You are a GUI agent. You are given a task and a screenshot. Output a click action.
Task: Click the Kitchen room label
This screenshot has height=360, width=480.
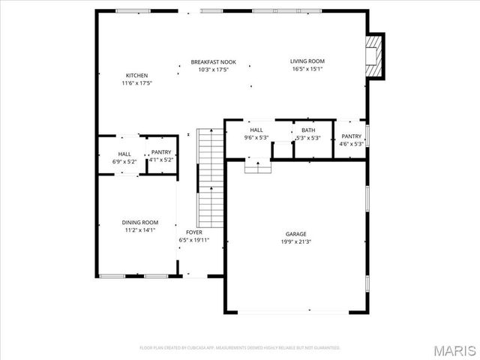click(x=136, y=76)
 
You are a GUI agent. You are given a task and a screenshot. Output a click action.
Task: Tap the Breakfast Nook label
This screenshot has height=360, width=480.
click(x=213, y=62)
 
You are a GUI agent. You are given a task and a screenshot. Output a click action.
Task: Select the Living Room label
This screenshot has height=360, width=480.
click(x=307, y=61)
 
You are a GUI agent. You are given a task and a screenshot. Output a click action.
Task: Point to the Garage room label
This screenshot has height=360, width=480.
click(x=295, y=234)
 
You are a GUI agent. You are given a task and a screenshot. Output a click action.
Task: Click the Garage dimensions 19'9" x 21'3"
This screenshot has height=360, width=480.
click(x=295, y=241)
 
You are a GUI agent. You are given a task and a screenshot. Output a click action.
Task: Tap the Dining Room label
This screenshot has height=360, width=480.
click(x=140, y=223)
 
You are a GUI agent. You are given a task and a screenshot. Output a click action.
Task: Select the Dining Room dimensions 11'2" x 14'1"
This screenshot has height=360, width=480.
click(x=140, y=230)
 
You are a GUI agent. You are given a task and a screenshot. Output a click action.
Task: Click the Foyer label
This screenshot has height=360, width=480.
click(x=193, y=232)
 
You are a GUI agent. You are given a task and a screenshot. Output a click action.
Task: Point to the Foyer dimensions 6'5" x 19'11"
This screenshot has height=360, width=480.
click(x=193, y=240)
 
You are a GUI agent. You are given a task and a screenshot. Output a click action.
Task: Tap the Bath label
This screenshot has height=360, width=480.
click(x=308, y=130)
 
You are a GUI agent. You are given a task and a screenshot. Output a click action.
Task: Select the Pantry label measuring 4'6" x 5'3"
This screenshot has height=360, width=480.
click(x=351, y=136)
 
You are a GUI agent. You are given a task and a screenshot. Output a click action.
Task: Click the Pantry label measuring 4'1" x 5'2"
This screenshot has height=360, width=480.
click(x=161, y=152)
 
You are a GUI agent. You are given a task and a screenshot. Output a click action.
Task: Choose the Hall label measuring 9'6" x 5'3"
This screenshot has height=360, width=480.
click(x=256, y=130)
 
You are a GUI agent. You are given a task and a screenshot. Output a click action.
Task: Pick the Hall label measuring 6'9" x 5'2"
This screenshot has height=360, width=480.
click(x=124, y=154)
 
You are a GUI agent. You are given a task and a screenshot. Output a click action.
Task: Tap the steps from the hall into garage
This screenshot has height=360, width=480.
click(x=257, y=167)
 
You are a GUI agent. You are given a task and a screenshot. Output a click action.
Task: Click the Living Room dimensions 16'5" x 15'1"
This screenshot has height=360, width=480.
click(x=307, y=69)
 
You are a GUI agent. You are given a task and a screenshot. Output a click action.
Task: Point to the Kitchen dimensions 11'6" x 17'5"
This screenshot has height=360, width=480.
click(x=136, y=83)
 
